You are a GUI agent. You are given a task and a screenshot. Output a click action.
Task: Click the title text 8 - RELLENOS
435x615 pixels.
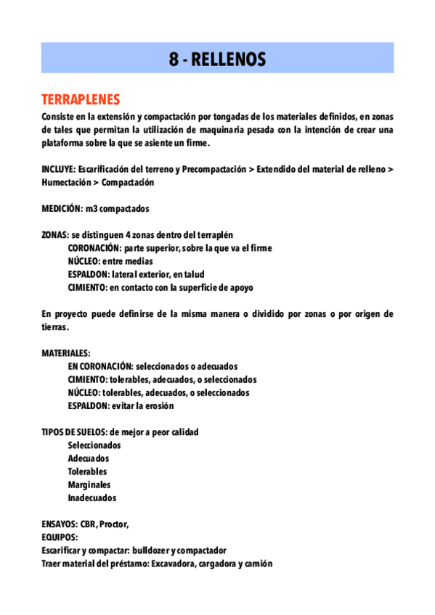tap(217, 59)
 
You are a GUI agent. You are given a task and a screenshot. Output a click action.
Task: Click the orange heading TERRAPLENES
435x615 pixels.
tap(81, 99)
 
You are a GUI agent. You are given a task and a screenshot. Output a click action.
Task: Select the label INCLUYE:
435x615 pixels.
tap(58, 170)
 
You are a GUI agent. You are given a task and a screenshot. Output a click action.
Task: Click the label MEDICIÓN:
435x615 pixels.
tap(62, 209)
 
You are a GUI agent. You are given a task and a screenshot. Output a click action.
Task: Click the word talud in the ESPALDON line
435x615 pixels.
tap(194, 274)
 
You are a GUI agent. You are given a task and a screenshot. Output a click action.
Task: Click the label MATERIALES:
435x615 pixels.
tap(66, 353)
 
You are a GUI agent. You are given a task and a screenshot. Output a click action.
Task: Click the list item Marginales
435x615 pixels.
tap(89, 484)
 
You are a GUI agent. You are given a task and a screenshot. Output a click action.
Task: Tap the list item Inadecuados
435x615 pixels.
tap(92, 498)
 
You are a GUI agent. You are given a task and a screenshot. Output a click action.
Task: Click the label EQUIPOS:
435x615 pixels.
tap(60, 537)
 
